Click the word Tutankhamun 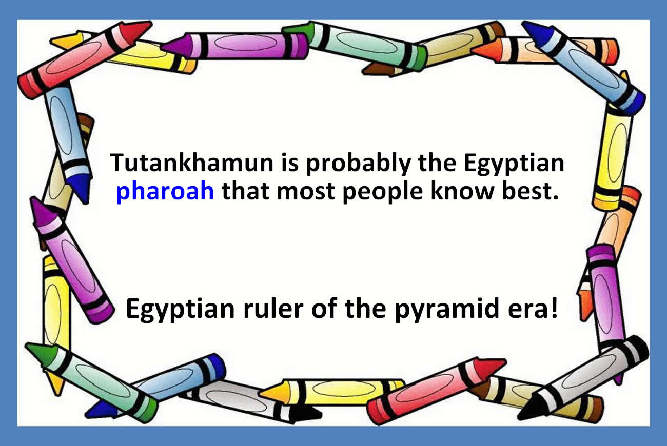pos(191,163)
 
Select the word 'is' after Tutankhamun pos(290,163)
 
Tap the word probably pos(359,164)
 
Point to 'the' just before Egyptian pos(437,163)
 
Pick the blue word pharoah pos(165,192)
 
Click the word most pos(305,192)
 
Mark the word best pos(525,191)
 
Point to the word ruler pos(273,308)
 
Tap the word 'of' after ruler pos(324,308)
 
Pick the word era pos(527,311)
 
